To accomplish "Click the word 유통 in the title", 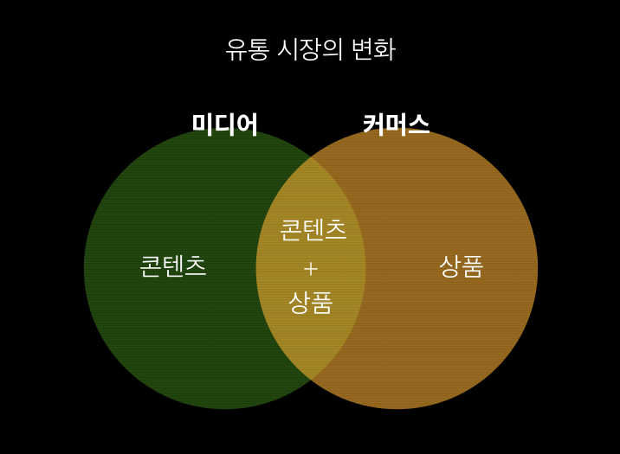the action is tap(247, 49).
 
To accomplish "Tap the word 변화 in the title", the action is tap(373, 49).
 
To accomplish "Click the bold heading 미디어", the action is tap(225, 125).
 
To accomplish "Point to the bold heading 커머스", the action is tap(396, 125).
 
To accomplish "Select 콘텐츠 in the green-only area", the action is tap(173, 265).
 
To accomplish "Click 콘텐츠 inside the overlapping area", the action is tap(313, 229).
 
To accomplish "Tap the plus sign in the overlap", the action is tap(311, 269).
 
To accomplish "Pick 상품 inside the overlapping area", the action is tap(311, 302).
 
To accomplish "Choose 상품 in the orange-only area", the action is tap(461, 265).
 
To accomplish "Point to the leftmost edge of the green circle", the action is tap(84, 268).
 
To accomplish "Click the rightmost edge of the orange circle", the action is tap(538, 268).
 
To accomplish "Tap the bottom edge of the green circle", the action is tap(224, 408).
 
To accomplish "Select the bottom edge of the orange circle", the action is tap(397, 408).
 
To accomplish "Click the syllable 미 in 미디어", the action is tap(203, 125).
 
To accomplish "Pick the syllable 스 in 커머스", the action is tap(418, 125).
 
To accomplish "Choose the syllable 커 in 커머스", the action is tap(373, 125).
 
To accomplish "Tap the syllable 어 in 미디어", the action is tap(248, 125).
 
